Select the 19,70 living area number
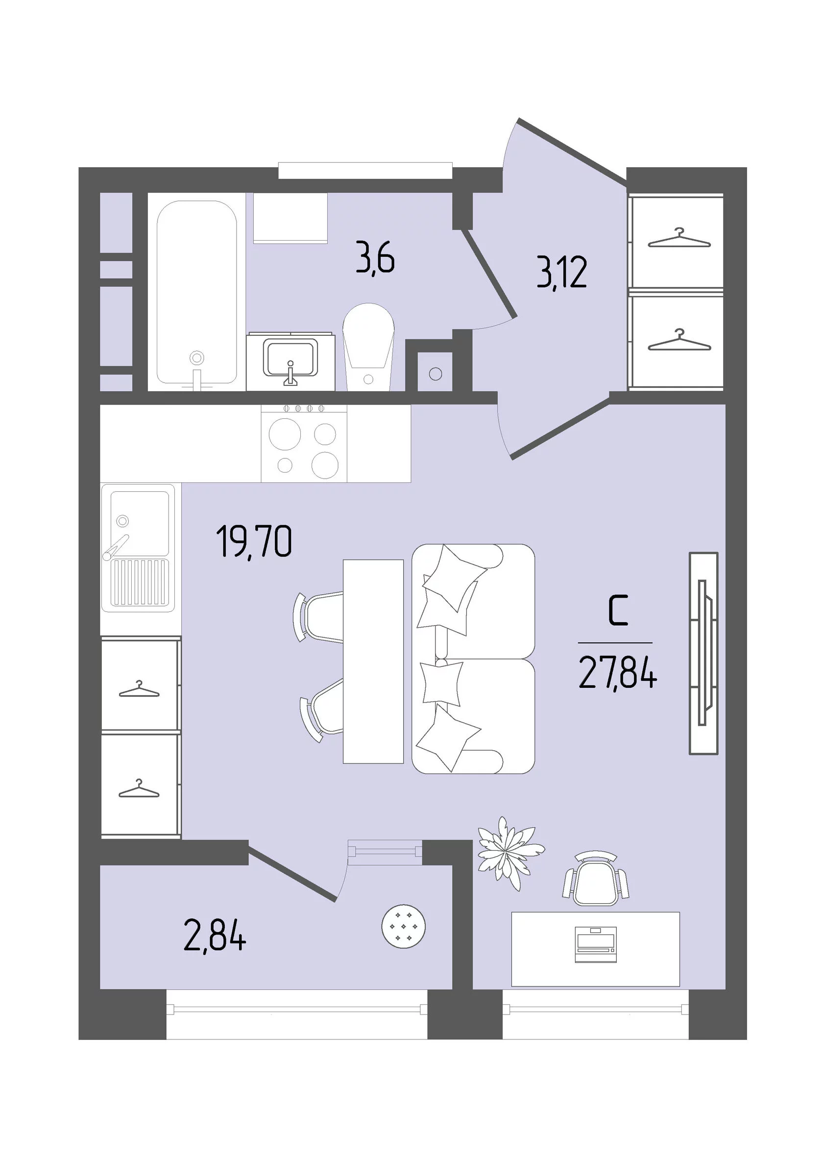(x=254, y=542)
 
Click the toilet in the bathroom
(x=368, y=347)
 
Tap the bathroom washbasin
(x=290, y=359)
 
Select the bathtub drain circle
(x=196, y=357)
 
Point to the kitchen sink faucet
(x=117, y=547)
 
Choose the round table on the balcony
(x=403, y=926)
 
